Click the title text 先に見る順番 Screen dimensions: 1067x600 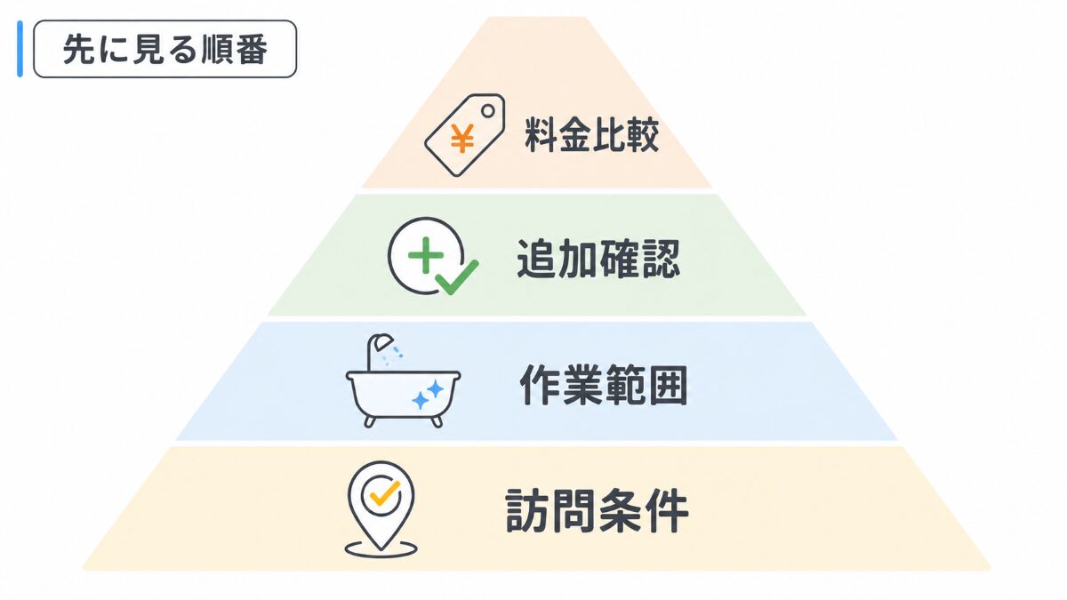pyautogui.click(x=164, y=50)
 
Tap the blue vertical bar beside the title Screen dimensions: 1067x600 pyautogui.click(x=20, y=49)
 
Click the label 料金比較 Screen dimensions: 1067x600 pyautogui.click(x=591, y=135)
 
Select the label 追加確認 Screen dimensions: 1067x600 pyautogui.click(x=598, y=259)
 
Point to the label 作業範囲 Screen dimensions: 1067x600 pyautogui.click(x=604, y=385)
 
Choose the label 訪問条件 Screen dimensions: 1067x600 pyautogui.click(x=597, y=510)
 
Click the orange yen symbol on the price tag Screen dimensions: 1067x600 pyautogui.click(x=462, y=139)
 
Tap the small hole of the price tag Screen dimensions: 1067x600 pyautogui.click(x=488, y=111)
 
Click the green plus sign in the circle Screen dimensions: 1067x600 pyautogui.click(x=426, y=255)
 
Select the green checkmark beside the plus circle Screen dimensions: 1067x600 pyautogui.click(x=456, y=277)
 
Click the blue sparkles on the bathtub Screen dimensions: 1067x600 pyautogui.click(x=428, y=396)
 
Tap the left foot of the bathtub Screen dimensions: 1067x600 pyautogui.click(x=370, y=421)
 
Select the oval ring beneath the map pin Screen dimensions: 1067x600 pyautogui.click(x=381, y=548)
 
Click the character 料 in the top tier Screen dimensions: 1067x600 pyautogui.click(x=542, y=135)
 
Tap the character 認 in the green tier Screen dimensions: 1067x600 pyautogui.click(x=661, y=259)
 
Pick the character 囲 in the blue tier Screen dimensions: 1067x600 pyautogui.click(x=668, y=385)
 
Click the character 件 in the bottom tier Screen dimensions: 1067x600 pyautogui.click(x=668, y=510)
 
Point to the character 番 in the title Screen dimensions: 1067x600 pyautogui.click(x=251, y=50)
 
